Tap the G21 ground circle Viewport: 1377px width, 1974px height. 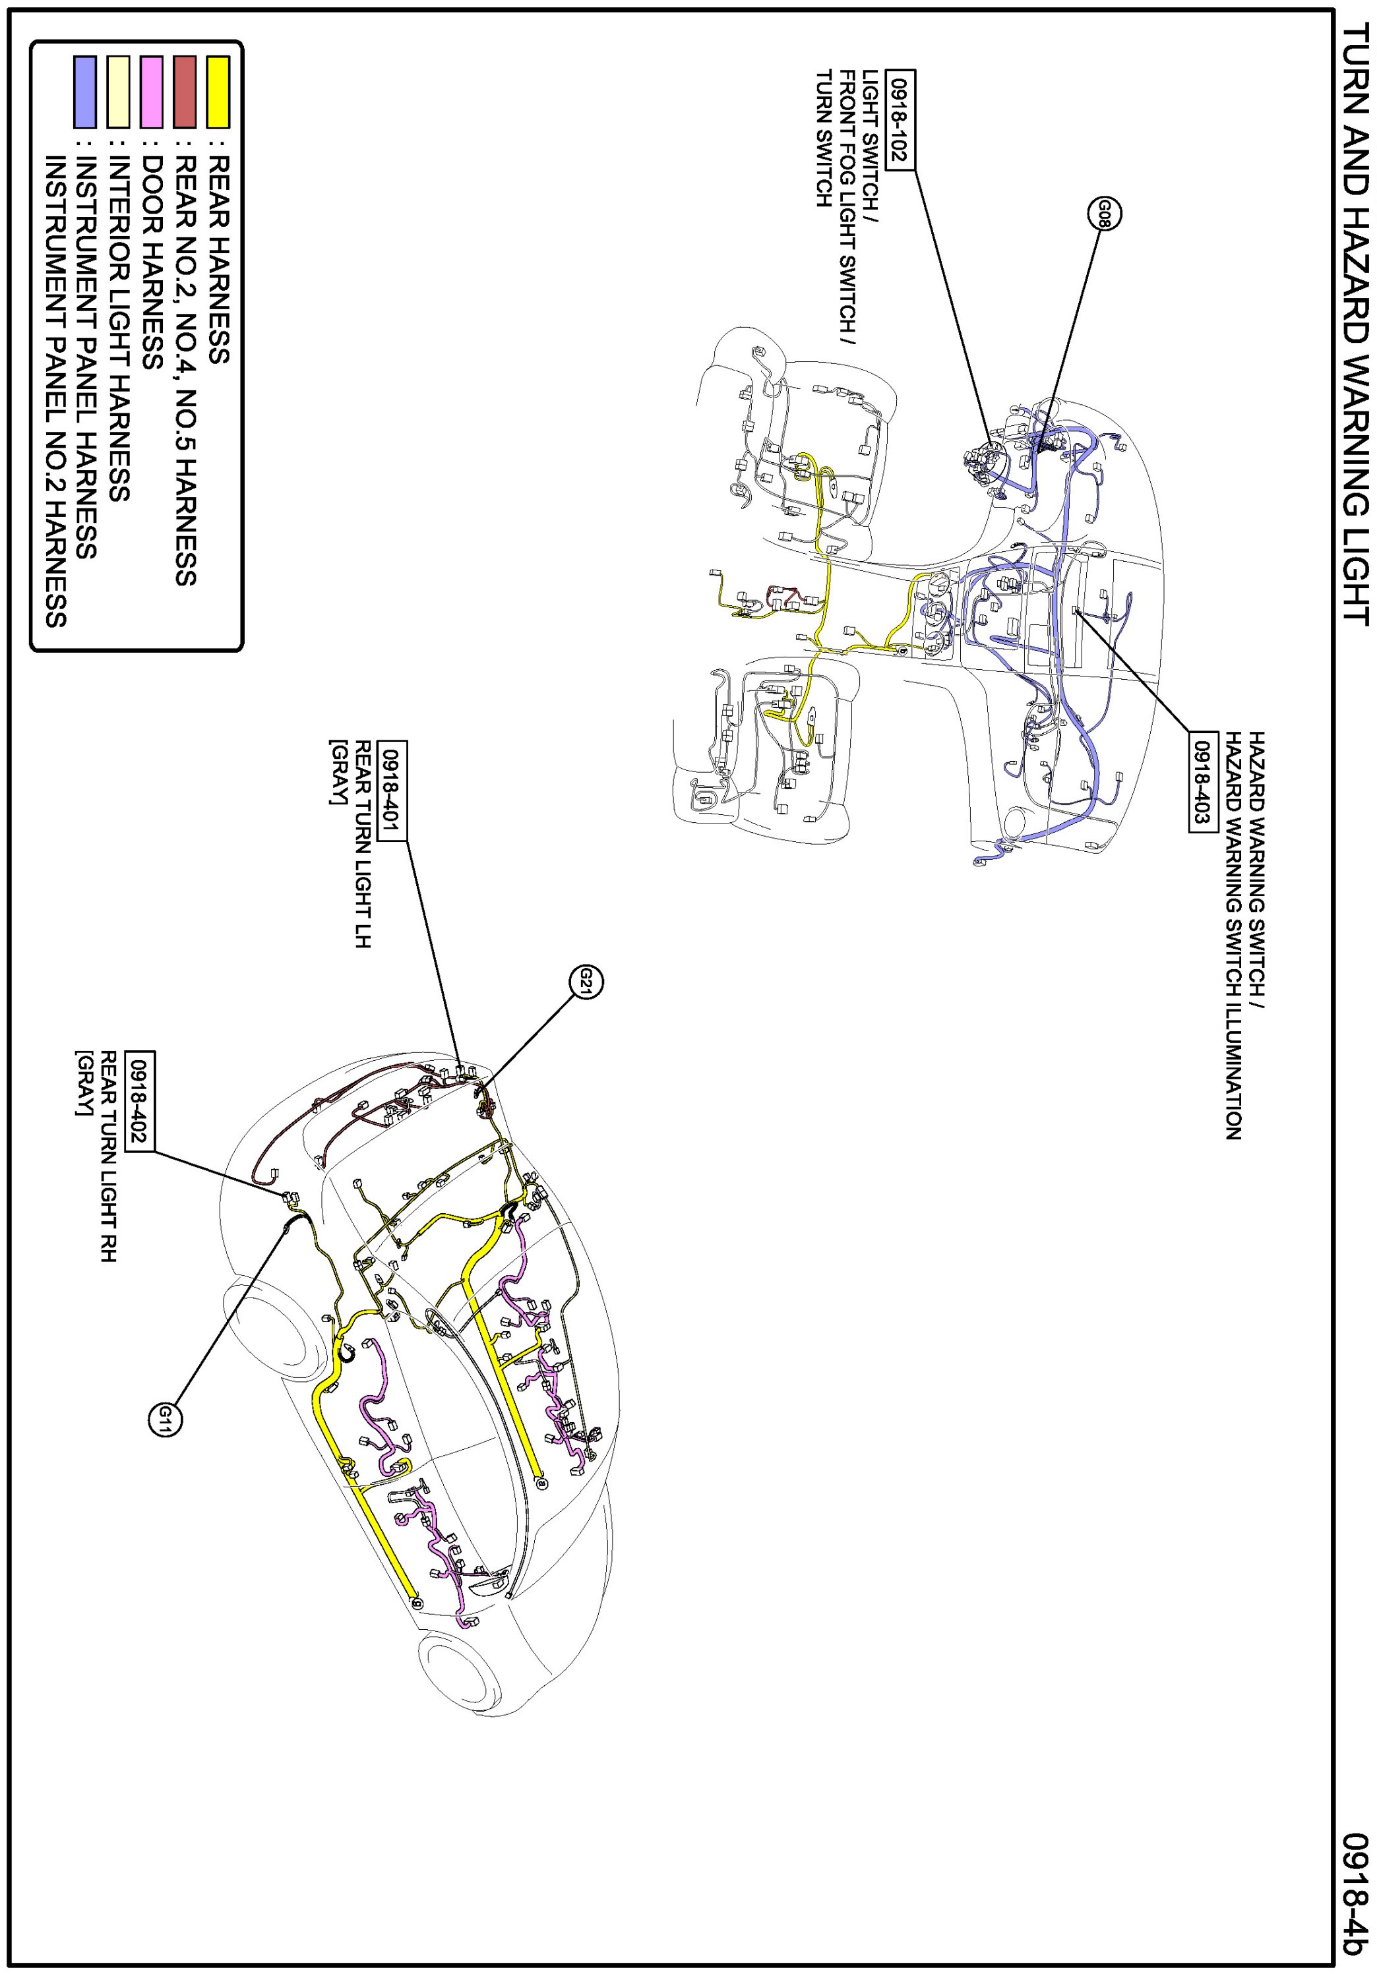click(x=586, y=981)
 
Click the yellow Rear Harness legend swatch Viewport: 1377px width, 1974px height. click(x=218, y=92)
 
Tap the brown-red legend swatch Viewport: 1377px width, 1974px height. click(x=185, y=92)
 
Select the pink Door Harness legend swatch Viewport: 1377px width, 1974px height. click(x=152, y=92)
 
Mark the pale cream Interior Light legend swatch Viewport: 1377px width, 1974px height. click(x=119, y=92)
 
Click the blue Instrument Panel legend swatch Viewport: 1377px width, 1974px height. click(x=85, y=92)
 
